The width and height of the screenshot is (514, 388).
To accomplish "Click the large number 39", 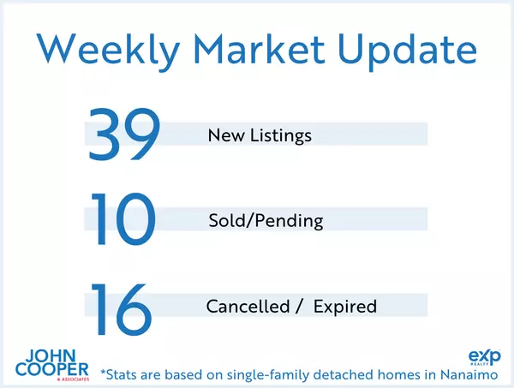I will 124,134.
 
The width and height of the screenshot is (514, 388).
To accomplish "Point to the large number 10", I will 123,221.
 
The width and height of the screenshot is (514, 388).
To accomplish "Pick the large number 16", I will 123,306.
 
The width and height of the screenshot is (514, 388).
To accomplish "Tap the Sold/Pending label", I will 266,221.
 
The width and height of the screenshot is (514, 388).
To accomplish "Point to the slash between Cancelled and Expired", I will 297,307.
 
